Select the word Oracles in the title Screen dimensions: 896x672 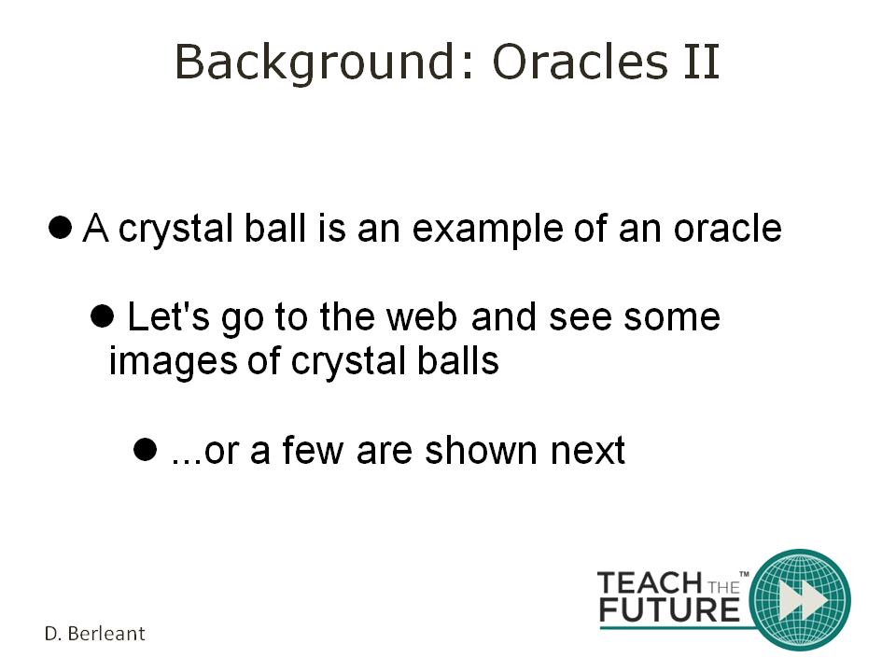(580, 62)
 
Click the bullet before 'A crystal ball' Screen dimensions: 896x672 (60, 227)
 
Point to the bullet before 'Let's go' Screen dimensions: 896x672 (103, 316)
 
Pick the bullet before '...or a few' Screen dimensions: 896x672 (146, 449)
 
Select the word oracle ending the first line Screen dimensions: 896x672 (728, 228)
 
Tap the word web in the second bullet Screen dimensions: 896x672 (422, 316)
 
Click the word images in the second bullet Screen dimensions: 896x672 (173, 362)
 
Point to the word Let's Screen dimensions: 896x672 (168, 316)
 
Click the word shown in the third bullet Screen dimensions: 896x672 (482, 450)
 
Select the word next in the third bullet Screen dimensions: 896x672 (588, 451)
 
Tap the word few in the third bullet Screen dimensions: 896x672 (314, 450)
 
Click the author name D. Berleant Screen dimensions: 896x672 (95, 634)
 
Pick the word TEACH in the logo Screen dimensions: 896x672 (651, 582)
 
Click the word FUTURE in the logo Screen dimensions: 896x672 (670, 609)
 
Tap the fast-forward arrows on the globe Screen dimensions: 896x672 (804, 600)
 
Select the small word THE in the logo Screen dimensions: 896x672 (724, 587)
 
